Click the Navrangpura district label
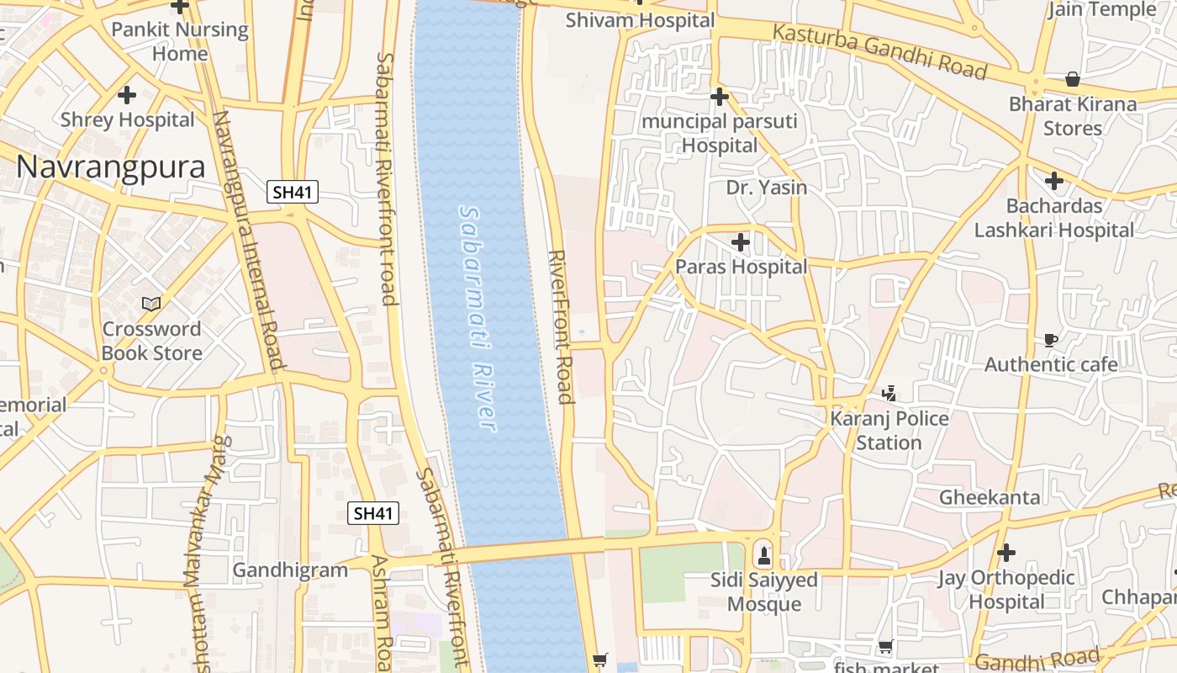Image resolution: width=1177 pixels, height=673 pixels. [110, 167]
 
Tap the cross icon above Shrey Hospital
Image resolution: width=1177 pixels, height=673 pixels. [127, 95]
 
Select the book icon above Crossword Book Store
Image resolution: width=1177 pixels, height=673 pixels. [151, 304]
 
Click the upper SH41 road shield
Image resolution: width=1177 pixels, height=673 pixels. [293, 192]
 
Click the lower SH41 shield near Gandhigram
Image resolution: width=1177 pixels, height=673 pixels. [373, 513]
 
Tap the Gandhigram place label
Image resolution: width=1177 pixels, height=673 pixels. [290, 570]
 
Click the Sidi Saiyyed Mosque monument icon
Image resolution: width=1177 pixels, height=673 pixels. [763, 555]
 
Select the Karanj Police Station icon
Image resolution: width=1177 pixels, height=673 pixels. [889, 393]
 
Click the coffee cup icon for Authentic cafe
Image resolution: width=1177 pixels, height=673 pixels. [1050, 340]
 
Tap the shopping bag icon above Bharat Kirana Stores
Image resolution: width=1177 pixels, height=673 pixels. [1073, 79]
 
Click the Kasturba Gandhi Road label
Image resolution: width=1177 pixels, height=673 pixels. [879, 52]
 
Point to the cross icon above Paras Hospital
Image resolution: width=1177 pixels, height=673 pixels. [741, 242]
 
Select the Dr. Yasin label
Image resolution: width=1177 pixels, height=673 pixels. [767, 188]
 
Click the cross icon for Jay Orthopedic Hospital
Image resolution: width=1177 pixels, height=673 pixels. [1006, 553]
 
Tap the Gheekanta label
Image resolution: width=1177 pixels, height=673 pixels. [990, 497]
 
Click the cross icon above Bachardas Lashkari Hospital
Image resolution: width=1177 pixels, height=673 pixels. [1054, 180]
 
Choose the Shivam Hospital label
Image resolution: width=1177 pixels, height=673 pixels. [640, 20]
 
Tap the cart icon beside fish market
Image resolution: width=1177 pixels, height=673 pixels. [885, 647]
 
